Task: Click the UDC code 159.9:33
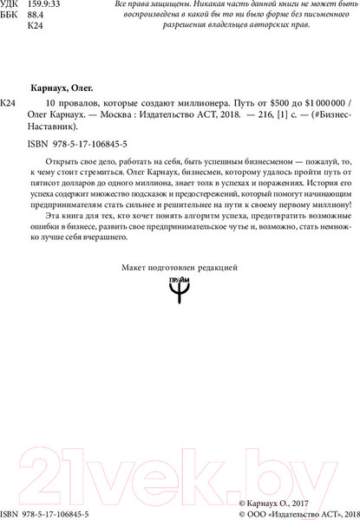46,5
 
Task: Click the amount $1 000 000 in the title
317,103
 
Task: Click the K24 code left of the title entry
10,103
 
